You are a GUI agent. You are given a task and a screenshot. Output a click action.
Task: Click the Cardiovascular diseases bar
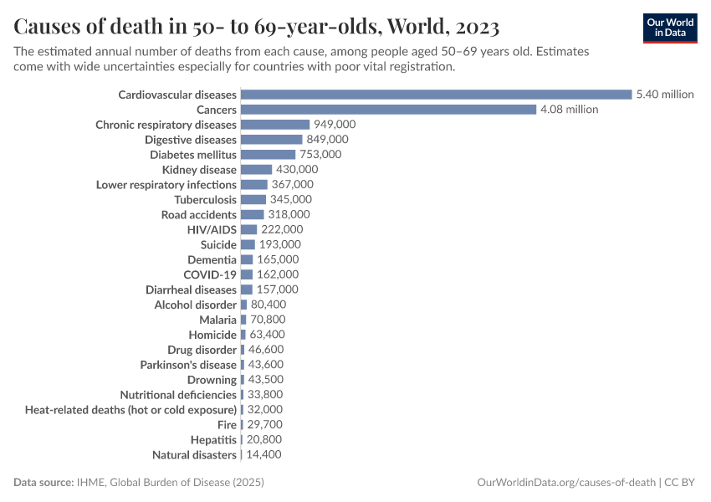coord(436,95)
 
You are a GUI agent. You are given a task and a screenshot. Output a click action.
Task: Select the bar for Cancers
coord(388,110)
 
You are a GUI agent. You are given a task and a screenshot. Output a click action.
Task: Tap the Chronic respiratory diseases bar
coord(275,125)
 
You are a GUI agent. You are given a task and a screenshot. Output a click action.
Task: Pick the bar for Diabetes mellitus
coord(268,155)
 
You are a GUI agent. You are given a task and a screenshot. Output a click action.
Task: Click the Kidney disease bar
coord(256,170)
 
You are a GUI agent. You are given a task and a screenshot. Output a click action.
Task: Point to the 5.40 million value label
coord(665,95)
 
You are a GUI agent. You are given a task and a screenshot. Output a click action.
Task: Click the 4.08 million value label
coord(569,110)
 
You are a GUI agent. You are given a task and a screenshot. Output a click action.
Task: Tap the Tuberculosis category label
coord(205,200)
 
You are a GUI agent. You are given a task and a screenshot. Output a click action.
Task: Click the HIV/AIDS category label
coord(212,229)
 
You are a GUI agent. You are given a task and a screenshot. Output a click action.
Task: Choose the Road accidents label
coord(198,215)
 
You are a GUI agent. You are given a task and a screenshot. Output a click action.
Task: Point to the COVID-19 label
coord(210,274)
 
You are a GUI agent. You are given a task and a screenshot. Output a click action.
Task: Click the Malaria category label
coord(217,320)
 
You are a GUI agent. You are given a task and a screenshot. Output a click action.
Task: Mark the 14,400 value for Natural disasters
coord(263,455)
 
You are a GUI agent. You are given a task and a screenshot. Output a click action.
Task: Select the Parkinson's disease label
coord(188,365)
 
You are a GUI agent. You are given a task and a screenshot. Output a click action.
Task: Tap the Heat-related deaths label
coord(130,410)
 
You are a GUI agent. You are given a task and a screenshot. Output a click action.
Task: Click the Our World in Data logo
coord(669,28)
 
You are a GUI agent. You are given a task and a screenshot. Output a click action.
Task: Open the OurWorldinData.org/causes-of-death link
coord(565,483)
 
